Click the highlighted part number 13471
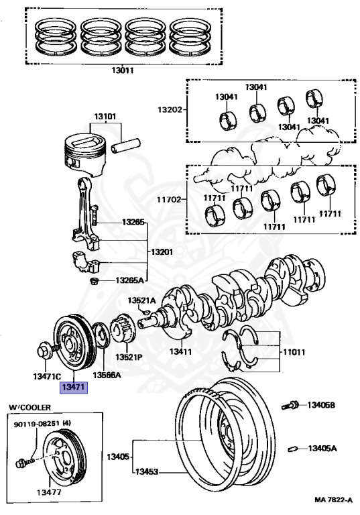pos(74,387)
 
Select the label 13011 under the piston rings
pos(122,70)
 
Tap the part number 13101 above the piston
pos(105,117)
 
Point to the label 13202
pos(170,109)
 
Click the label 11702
pos(169,199)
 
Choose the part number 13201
pos(162,252)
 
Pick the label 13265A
pos(130,280)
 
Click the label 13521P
pos(129,356)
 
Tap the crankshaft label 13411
pos(180,351)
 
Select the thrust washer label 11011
pos(294,352)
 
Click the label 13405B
pos(321,405)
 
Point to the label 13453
pos(147,471)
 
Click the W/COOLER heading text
pos(30,407)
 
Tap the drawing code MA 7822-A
pos(333,500)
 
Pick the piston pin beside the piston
pos(126,145)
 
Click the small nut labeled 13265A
pos(95,282)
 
